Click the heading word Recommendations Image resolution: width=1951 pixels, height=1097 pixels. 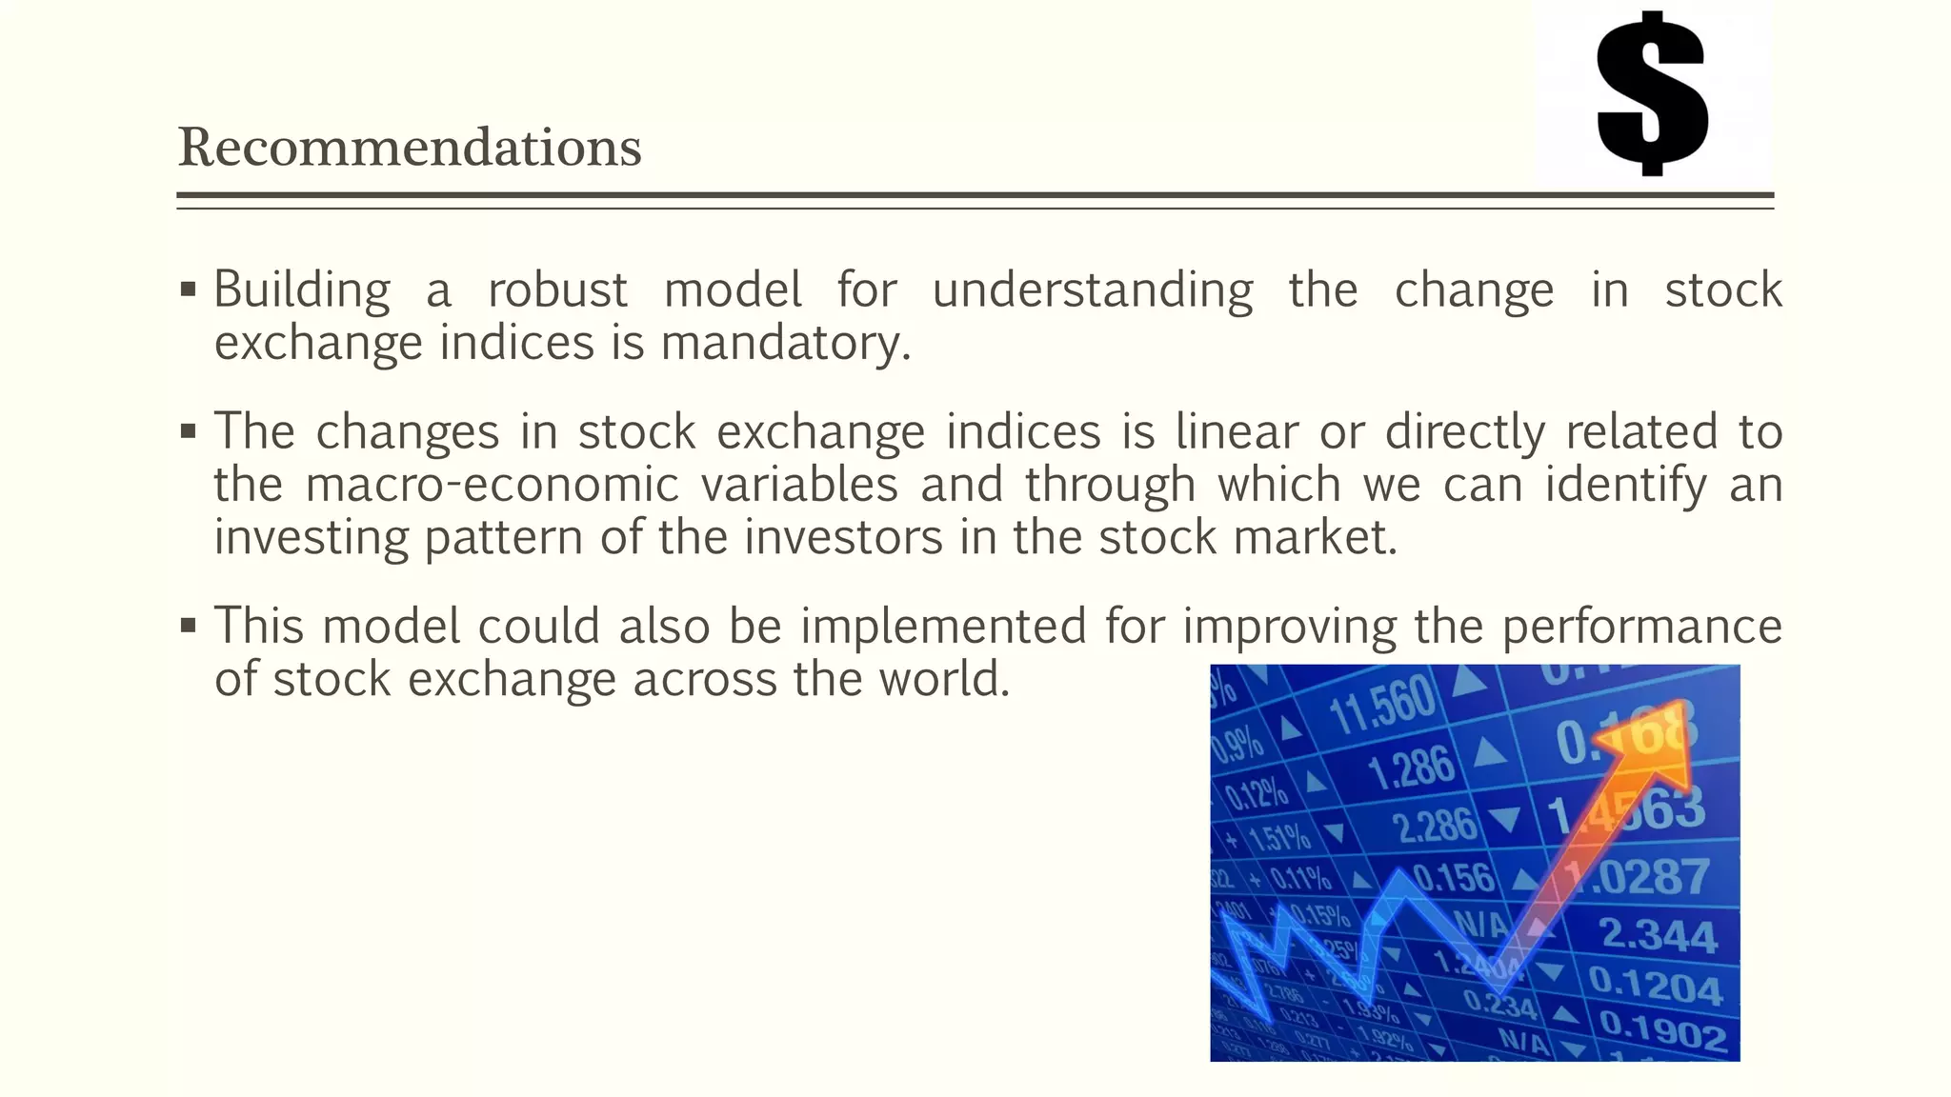pyautogui.click(x=410, y=149)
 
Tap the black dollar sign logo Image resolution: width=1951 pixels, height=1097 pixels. pyautogui.click(x=1651, y=93)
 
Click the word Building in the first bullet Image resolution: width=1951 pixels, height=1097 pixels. pyautogui.click(x=301, y=289)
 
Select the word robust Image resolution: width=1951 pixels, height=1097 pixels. pyautogui.click(x=557, y=289)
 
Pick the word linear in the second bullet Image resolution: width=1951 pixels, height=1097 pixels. pyautogui.click(x=1237, y=431)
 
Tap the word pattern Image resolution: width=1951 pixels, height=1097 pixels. pyautogui.click(x=503, y=538)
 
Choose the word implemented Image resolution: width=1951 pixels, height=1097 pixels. pyautogui.click(x=943, y=627)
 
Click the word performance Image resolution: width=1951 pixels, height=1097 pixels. pyautogui.click(x=1641, y=627)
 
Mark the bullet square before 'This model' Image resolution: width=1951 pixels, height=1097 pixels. pyautogui.click(x=188, y=627)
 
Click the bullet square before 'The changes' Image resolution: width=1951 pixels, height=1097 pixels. pyautogui.click(x=188, y=432)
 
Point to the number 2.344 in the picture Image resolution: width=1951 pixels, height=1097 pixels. pyautogui.click(x=1658, y=935)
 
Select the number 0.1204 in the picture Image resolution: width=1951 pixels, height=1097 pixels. pyautogui.click(x=1656, y=985)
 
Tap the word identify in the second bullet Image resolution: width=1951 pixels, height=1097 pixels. pyautogui.click(x=1625, y=485)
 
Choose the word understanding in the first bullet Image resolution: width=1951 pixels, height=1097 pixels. pyautogui.click(x=1092, y=289)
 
